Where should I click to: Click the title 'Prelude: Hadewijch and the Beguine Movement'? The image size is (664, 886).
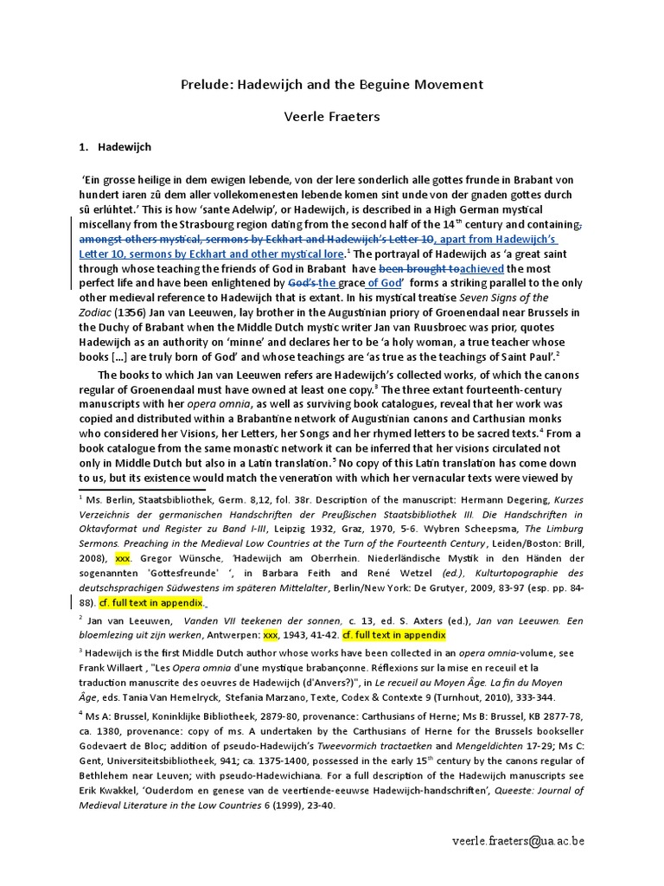tap(332, 85)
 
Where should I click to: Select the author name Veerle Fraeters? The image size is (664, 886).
tap(332, 116)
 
